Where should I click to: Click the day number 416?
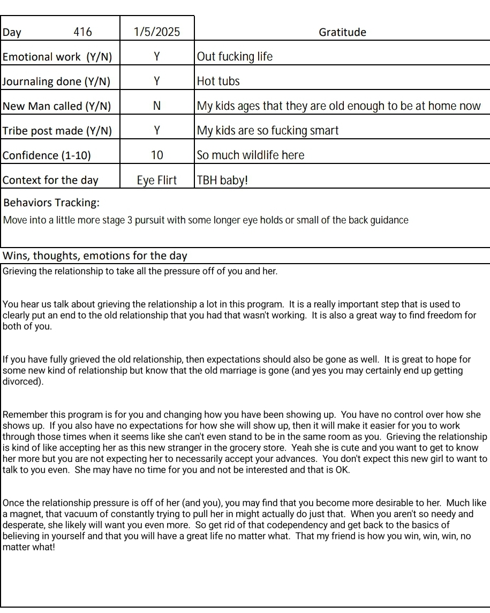(82, 32)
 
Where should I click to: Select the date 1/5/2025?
(157, 32)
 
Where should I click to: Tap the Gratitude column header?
(342, 32)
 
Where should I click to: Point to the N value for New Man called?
(157, 106)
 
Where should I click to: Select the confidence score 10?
(157, 155)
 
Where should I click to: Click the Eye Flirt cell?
(157, 180)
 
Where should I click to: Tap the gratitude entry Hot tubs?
(218, 81)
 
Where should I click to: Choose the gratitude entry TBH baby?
(223, 180)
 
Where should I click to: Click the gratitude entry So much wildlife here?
(251, 155)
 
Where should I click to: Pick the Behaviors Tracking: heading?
(51, 203)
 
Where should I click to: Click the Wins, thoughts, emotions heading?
(95, 256)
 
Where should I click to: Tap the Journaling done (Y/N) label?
(57, 81)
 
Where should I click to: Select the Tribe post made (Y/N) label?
(58, 131)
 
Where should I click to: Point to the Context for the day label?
(51, 180)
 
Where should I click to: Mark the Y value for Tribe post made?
(157, 131)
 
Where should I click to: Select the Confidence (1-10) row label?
(47, 155)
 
